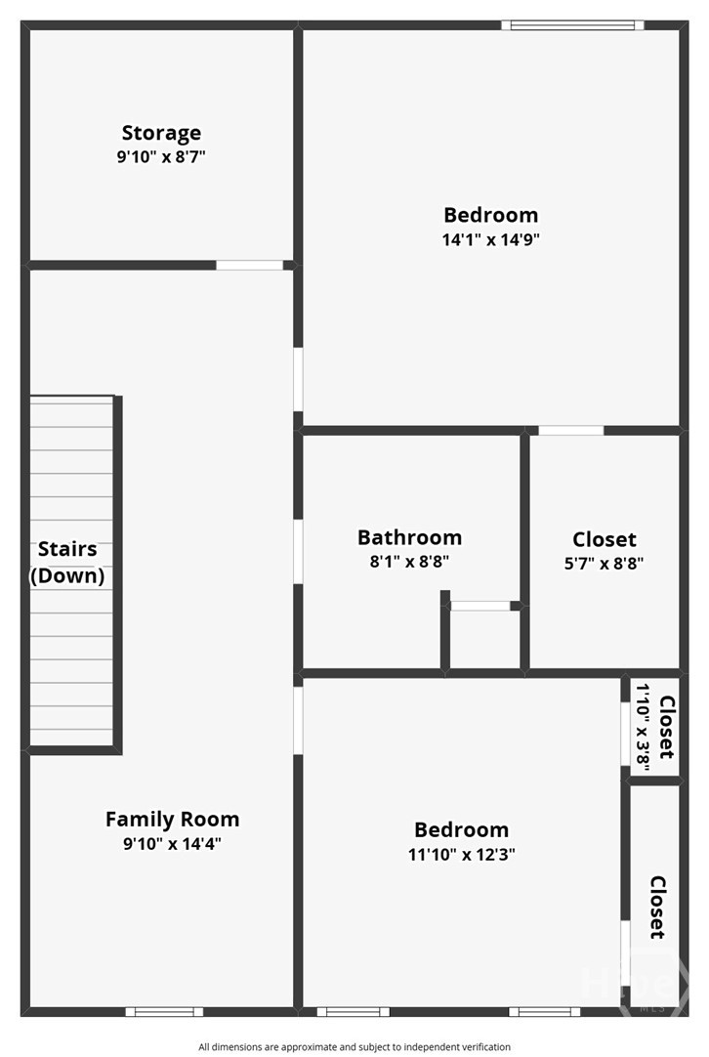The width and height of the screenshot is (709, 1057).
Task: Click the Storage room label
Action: point(161,133)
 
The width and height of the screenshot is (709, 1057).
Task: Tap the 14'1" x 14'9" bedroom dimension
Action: point(490,239)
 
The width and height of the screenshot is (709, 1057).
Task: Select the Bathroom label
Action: point(410,537)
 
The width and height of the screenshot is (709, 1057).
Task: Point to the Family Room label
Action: point(173,819)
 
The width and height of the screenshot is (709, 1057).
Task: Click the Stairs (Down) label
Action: point(67,563)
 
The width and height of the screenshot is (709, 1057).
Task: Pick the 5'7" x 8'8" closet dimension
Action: point(604,563)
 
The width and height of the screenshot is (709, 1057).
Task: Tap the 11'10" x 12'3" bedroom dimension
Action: point(462,854)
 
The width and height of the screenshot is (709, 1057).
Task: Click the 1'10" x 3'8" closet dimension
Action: point(643,727)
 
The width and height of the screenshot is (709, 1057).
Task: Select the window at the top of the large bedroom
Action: point(572,25)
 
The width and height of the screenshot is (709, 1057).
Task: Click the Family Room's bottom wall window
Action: point(164,1011)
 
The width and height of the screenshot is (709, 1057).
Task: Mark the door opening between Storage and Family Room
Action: point(249,265)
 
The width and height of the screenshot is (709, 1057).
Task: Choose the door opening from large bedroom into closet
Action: point(571,430)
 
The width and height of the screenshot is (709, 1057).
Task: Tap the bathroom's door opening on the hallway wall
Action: point(298,552)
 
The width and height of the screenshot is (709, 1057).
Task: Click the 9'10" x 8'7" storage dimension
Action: point(161,157)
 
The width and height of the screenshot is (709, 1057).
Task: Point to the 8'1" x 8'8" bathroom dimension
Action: point(410,561)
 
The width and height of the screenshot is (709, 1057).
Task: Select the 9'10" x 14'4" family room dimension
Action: point(173,843)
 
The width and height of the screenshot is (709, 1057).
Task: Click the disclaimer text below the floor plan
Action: point(354,1047)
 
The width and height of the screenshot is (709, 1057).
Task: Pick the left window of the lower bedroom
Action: point(354,1011)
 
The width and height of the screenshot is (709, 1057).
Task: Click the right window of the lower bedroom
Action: point(545,1011)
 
